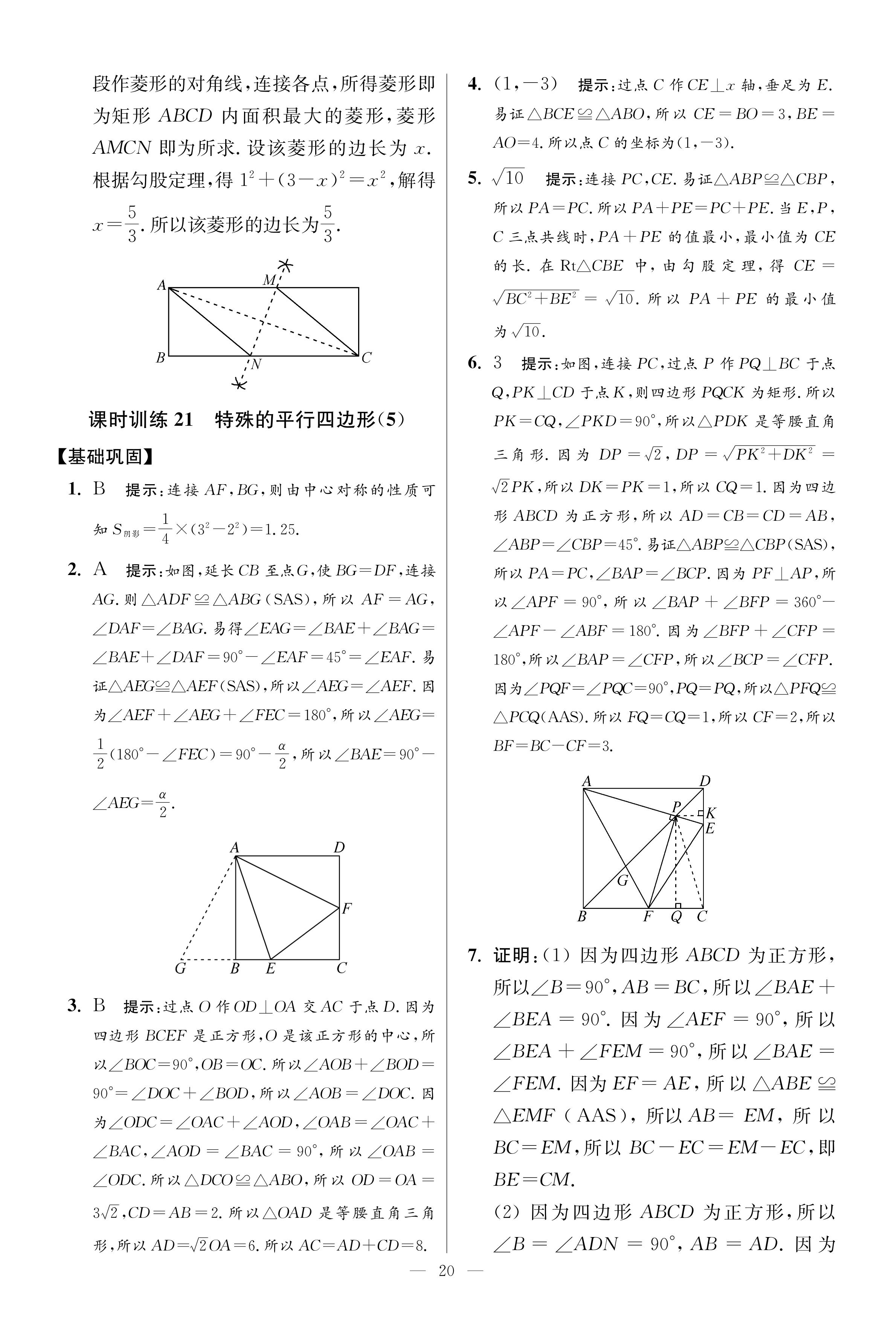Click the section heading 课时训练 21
141,420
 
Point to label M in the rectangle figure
269,280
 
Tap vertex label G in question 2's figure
180,968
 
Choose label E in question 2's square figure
271,968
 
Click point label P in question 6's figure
676,806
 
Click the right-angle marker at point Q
678,905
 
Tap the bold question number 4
474,84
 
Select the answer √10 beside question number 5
507,179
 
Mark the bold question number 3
74,1005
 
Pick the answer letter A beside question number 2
100,569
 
